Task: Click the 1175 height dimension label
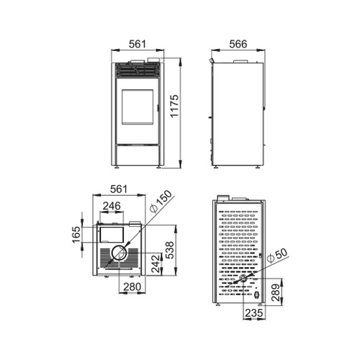pos(174,106)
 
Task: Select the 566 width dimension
pos(238,44)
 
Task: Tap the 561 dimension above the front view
pos(138,44)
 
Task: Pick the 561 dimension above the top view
pos(119,189)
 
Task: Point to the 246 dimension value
pos(112,206)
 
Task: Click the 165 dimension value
pos(76,235)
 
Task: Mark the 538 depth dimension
pos(169,250)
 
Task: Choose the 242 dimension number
pos(156,264)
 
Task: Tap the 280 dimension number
pos(132,287)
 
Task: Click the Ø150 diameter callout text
pos(161,201)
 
